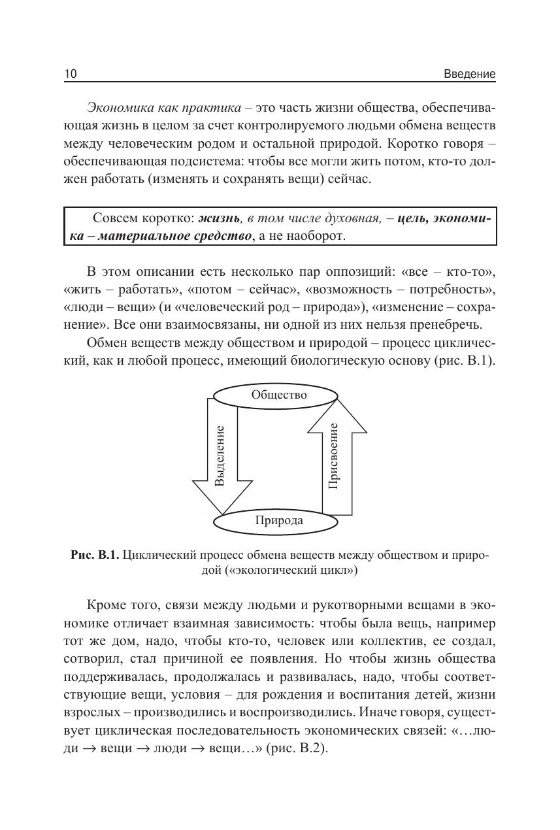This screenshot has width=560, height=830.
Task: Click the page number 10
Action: [71, 74]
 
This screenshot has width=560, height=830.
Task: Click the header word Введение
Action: [469, 74]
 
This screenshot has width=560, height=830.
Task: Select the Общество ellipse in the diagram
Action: [279, 395]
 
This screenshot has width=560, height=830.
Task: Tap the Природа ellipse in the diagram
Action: [278, 521]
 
